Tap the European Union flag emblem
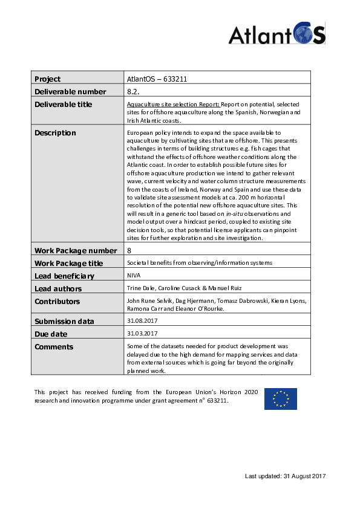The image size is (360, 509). (280, 399)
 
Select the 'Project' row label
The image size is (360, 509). (48, 79)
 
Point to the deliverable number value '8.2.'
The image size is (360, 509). (133, 91)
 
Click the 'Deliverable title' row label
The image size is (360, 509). (64, 104)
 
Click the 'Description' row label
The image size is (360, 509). (55, 133)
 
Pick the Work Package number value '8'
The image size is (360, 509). (129, 250)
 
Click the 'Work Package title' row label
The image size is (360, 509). (68, 263)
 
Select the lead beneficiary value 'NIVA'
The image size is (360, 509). (134, 276)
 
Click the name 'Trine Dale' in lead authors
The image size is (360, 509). (138, 288)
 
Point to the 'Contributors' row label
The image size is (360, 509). (57, 301)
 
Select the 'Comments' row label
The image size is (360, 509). (54, 346)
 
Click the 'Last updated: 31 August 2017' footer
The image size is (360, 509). (285, 476)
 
